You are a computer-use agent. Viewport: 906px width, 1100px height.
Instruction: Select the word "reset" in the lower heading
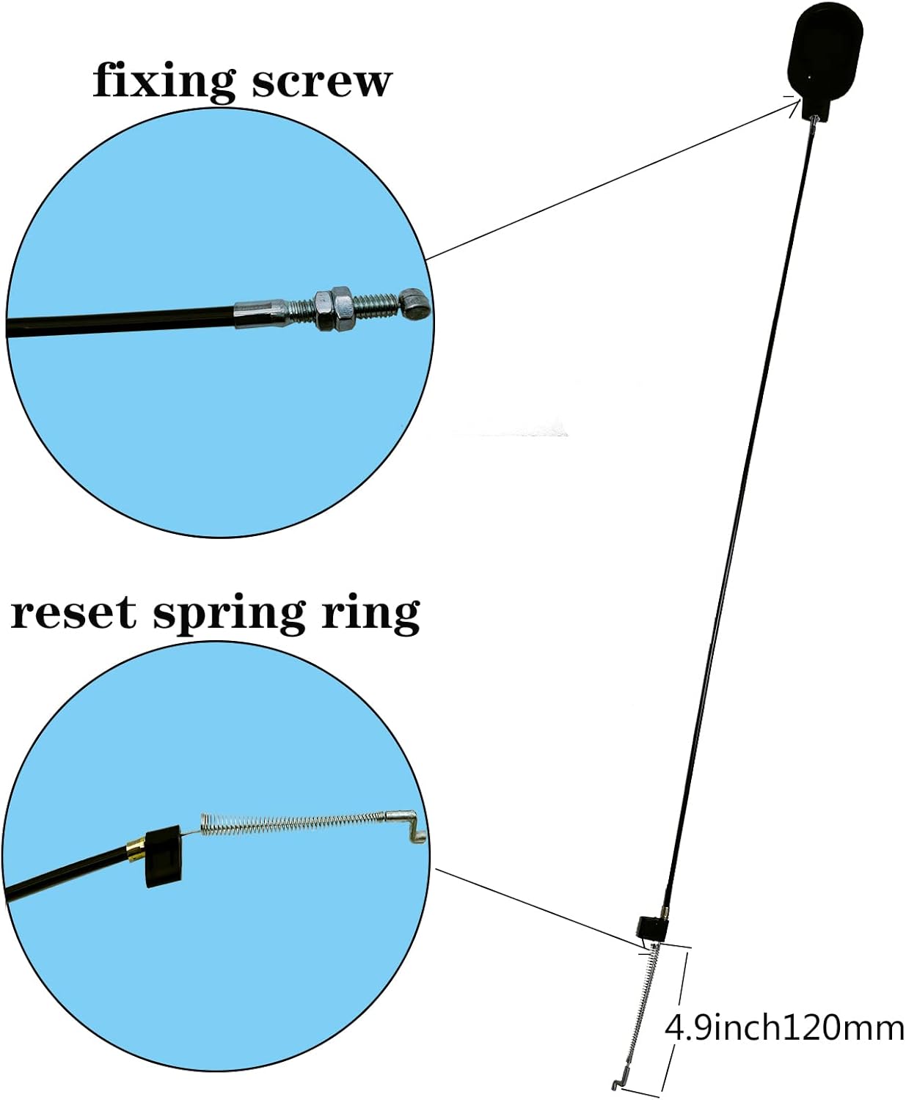73,613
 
